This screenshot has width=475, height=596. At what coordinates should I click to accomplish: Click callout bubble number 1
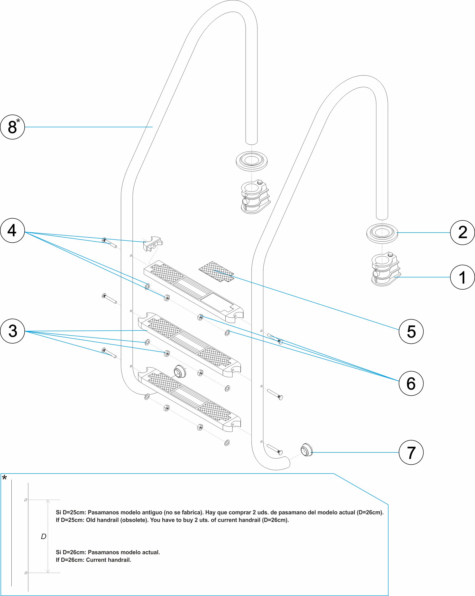coord(462,277)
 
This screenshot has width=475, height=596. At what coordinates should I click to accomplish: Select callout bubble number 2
coord(462,232)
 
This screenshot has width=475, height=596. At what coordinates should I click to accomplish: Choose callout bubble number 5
coord(411,331)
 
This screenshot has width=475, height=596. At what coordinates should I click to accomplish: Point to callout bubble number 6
coord(411,383)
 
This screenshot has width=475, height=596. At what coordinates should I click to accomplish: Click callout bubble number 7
coord(411,452)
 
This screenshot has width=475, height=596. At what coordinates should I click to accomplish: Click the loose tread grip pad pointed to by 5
coord(216,272)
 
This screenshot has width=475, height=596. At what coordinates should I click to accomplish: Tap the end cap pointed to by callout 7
coord(306,450)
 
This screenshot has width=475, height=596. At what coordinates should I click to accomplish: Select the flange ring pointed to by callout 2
coord(382,233)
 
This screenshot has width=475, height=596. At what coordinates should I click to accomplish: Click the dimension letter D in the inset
coord(43,537)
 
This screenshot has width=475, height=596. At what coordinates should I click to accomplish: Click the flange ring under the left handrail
coord(252,161)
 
